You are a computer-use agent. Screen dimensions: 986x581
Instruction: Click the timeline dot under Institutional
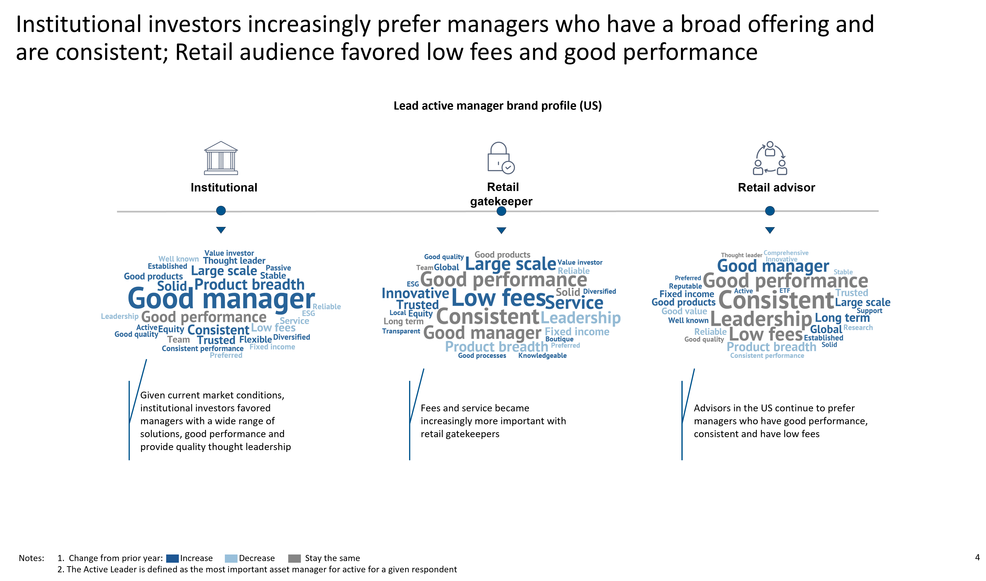point(221,211)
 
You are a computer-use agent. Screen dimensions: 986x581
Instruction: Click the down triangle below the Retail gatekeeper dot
point(501,230)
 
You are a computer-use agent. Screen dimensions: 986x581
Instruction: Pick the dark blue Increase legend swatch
point(172,558)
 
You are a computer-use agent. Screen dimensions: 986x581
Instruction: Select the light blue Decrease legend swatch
point(231,558)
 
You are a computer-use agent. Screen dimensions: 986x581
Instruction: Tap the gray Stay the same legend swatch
point(295,558)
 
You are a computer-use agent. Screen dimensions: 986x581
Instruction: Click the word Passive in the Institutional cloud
point(278,268)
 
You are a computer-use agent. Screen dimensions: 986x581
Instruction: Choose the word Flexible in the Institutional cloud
point(255,340)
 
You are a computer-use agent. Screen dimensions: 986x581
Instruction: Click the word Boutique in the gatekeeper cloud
point(559,339)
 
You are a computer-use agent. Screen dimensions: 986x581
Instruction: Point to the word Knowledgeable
point(542,355)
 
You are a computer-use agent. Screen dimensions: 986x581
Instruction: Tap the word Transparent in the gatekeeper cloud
point(401,331)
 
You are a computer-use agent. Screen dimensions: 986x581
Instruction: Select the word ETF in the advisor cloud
point(785,290)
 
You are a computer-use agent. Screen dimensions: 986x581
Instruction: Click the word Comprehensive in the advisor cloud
point(786,253)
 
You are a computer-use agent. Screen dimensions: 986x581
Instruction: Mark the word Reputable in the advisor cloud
point(685,286)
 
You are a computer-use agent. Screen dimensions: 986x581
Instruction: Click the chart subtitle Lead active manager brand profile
point(497,106)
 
